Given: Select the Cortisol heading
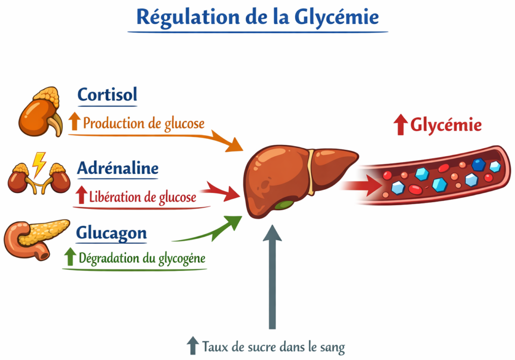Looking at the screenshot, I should point(107,94).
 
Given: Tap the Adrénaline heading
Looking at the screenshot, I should point(118,168).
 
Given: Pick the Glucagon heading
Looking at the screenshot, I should point(111,233).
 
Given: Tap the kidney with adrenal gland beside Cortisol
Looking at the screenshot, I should point(40,113).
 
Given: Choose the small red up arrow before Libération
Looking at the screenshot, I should point(81,196).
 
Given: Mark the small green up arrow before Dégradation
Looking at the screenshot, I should point(70,257).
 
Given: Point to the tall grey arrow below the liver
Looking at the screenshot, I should point(273,277).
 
